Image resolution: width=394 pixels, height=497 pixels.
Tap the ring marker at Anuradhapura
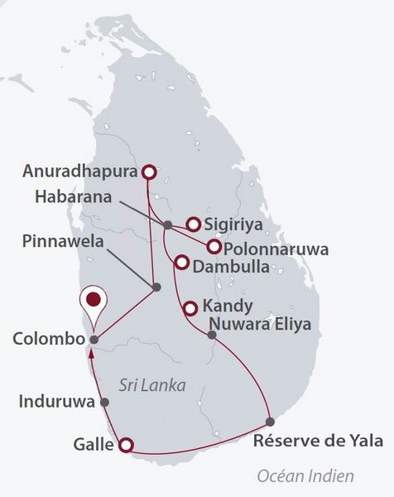click(x=148, y=172)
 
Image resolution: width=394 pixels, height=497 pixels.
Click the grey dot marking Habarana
click(x=167, y=224)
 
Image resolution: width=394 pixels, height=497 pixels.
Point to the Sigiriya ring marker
click(x=192, y=224)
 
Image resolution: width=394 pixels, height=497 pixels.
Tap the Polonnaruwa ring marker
click(x=214, y=247)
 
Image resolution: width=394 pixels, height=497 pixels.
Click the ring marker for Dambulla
click(x=181, y=263)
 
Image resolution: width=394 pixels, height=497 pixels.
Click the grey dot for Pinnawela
click(x=156, y=287)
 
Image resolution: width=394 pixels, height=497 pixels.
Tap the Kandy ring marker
click(x=190, y=308)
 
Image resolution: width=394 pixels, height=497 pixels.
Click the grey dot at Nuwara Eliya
click(x=212, y=335)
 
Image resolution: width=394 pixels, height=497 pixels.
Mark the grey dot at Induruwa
click(x=104, y=402)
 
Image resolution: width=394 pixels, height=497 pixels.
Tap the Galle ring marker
click(x=125, y=445)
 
